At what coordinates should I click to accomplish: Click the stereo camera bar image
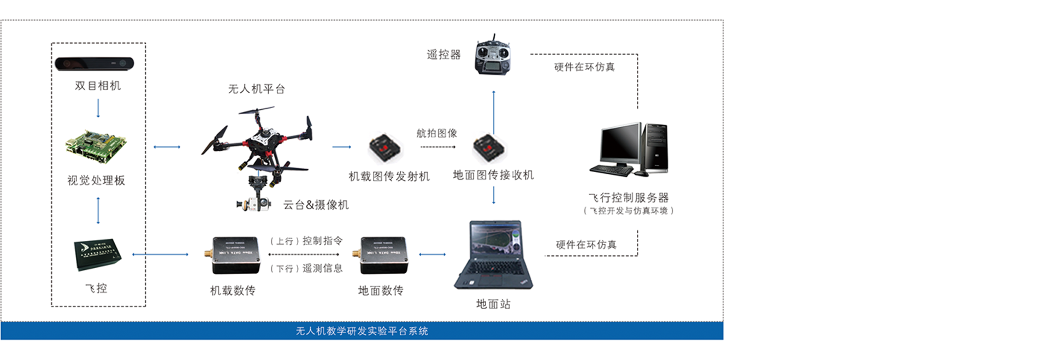click(x=94, y=64)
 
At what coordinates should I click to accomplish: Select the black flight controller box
click(x=97, y=254)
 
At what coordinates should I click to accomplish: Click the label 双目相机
click(x=98, y=86)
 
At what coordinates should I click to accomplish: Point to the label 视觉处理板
click(x=96, y=180)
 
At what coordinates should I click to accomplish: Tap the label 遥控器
click(x=443, y=55)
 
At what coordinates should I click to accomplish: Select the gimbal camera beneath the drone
click(x=254, y=203)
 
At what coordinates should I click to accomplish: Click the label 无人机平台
click(x=256, y=89)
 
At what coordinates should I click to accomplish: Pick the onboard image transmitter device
click(x=385, y=147)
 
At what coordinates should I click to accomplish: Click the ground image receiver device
click(x=489, y=147)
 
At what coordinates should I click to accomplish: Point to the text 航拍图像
click(x=436, y=133)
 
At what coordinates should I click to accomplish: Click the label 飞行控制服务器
click(x=629, y=197)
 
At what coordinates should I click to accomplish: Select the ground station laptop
click(x=493, y=255)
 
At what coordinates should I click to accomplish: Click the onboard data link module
click(x=235, y=255)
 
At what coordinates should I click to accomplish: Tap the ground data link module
click(x=383, y=255)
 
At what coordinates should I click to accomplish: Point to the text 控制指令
click(x=322, y=241)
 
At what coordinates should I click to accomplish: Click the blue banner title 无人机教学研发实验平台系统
click(x=362, y=331)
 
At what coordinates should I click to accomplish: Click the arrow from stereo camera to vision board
click(x=98, y=108)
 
